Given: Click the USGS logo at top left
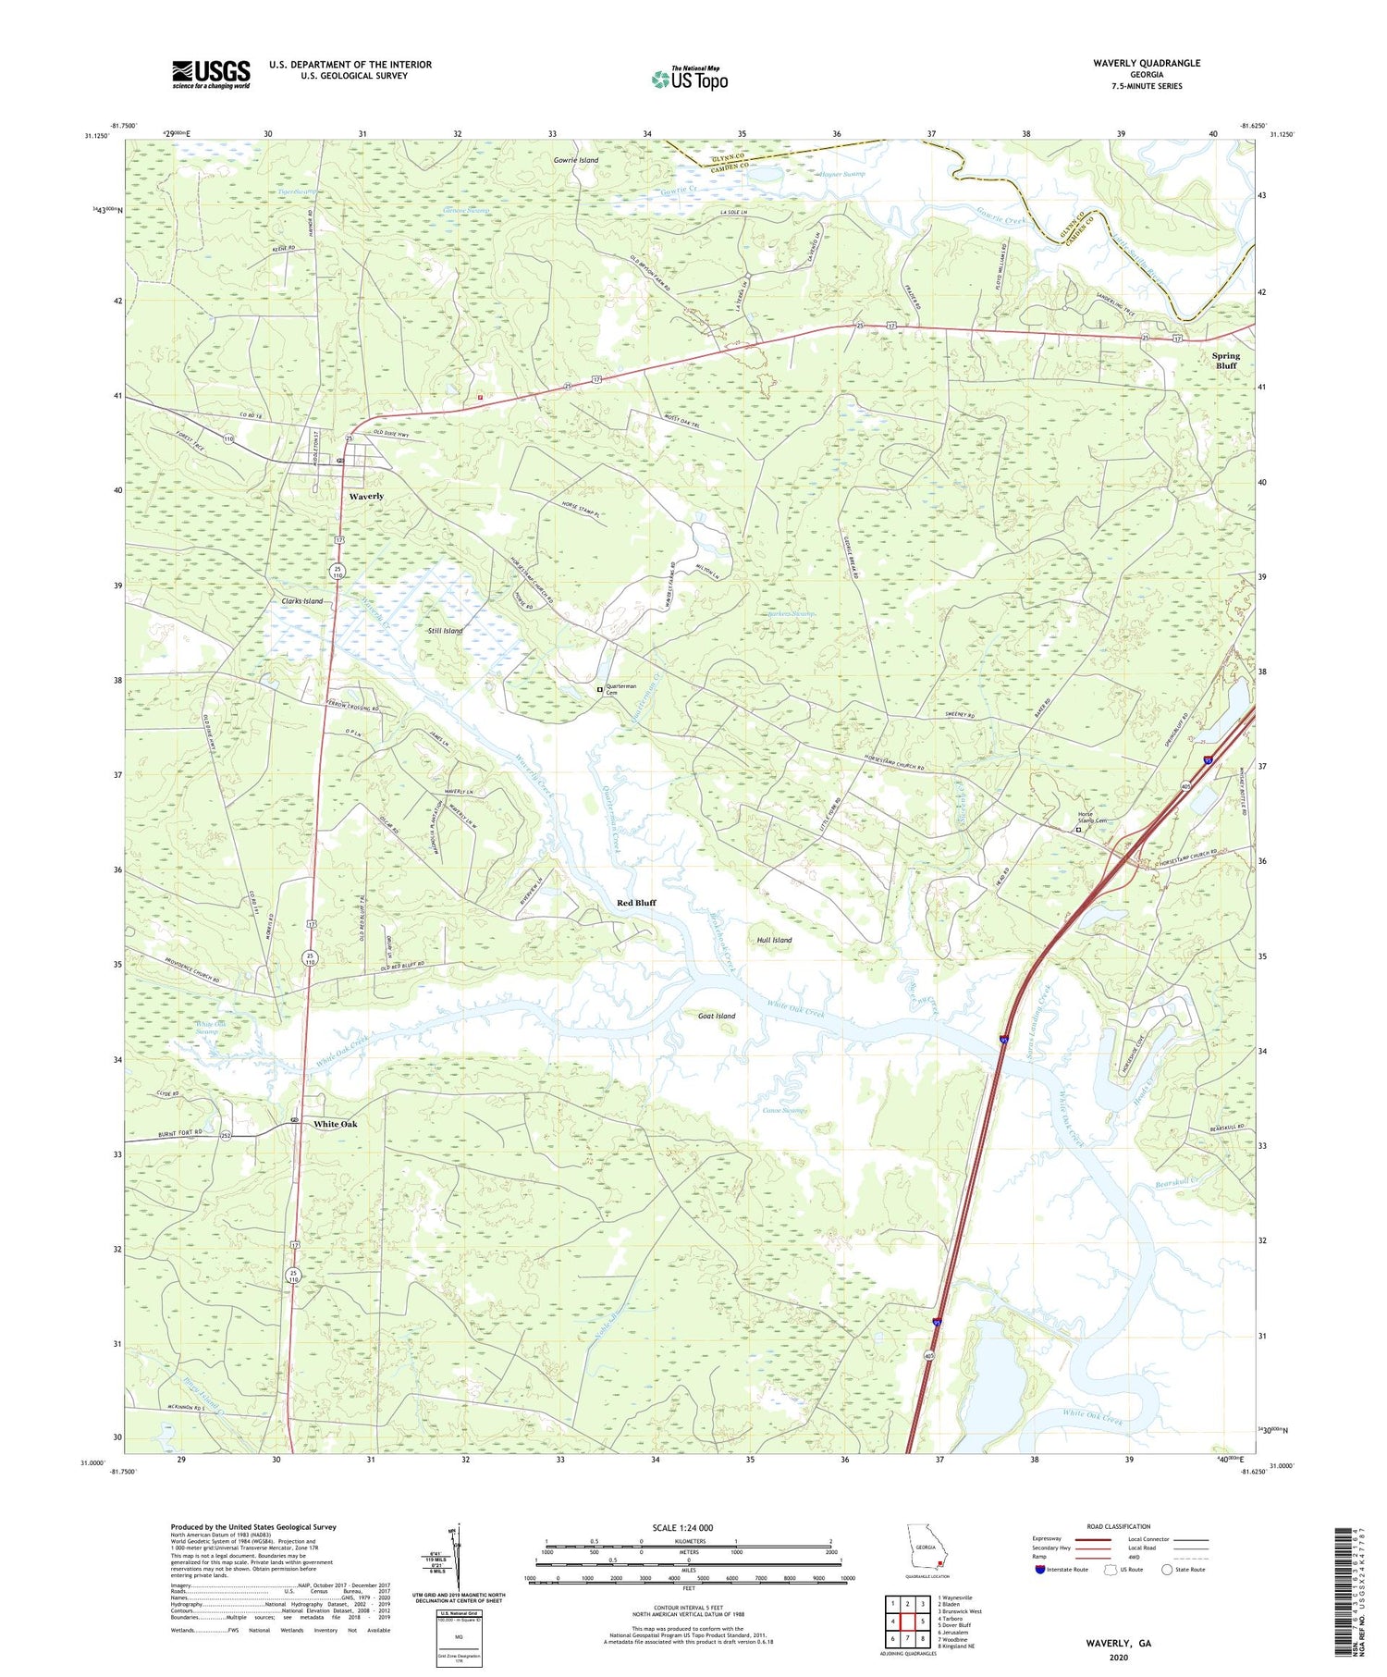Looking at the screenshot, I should (211, 74).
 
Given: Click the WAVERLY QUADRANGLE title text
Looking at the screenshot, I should (1146, 63).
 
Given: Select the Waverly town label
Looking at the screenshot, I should (366, 497).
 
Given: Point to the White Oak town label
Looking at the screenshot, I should (335, 1124).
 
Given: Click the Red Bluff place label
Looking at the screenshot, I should (636, 902).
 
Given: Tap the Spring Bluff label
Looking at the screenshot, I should (1225, 360).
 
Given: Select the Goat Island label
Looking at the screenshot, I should (717, 1016).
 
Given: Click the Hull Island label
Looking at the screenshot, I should (774, 940).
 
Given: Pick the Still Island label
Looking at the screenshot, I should (446, 631).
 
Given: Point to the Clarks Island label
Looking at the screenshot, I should (302, 601).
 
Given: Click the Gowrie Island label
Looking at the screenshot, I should (576, 160).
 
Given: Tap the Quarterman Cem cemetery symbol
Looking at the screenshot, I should (599, 688).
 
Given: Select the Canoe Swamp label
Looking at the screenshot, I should (785, 1110).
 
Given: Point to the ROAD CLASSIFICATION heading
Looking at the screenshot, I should (1119, 1526).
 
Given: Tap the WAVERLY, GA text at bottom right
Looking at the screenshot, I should (1118, 1643).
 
